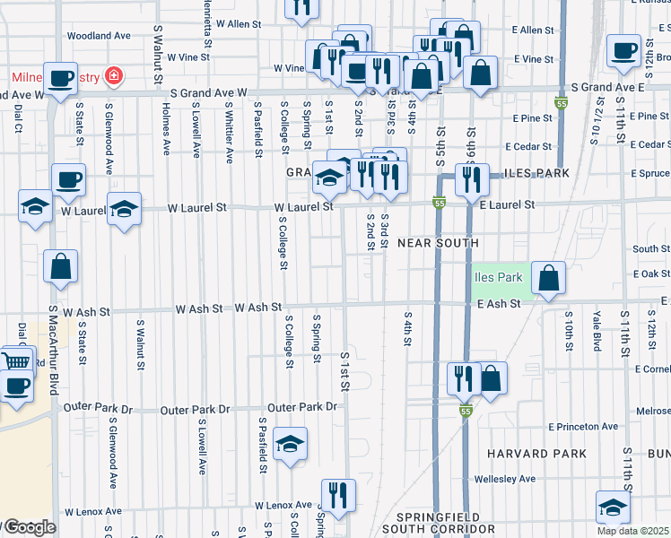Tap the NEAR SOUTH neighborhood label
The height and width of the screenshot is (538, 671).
coord(438,243)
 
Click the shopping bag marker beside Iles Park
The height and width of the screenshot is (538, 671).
coord(547,279)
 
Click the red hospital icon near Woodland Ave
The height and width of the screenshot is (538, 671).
coord(114,74)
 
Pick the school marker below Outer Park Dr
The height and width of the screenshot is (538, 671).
coord(290,444)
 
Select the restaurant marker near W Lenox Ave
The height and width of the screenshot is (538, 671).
coord(338,496)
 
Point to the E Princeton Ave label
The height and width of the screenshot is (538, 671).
coord(588,426)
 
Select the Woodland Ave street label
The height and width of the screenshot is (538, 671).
coord(99,36)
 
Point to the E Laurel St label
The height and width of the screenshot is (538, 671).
coord(507,205)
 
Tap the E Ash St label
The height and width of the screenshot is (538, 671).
coord(499,305)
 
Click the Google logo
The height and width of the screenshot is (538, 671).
coord(29,528)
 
